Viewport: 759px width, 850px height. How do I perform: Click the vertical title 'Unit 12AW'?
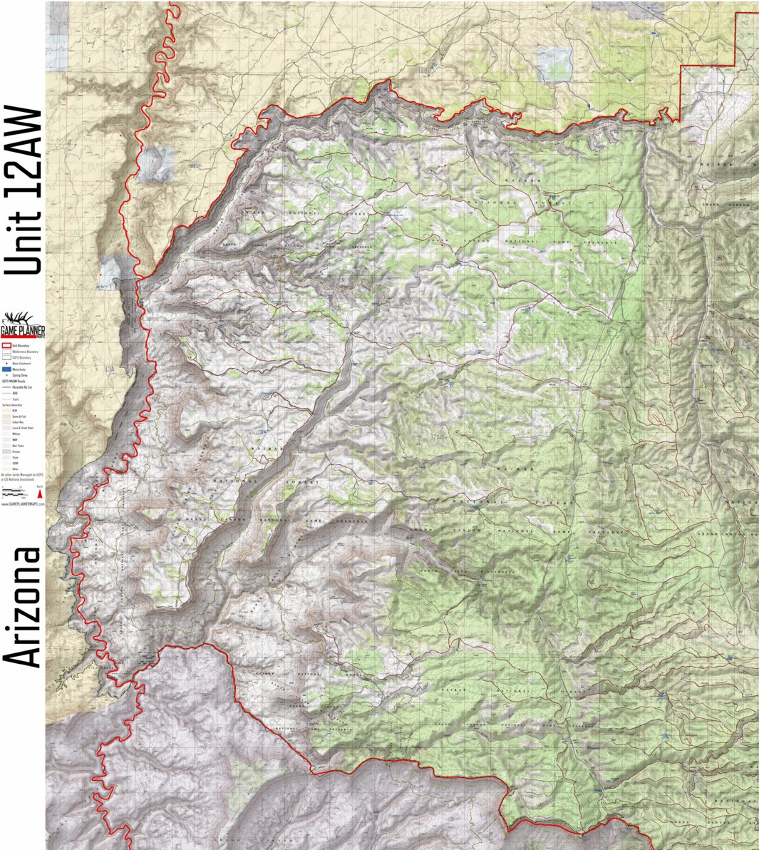click(24, 190)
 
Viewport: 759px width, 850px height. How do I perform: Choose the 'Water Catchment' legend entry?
click(21, 363)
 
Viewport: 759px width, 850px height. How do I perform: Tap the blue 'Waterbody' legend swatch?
click(6, 369)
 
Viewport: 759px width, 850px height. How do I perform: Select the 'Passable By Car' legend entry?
click(21, 386)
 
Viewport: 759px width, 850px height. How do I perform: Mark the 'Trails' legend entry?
click(16, 399)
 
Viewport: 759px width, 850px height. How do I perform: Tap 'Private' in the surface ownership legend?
click(15, 451)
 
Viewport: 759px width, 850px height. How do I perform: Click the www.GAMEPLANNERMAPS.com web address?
click(23, 503)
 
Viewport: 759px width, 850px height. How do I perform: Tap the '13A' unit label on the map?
click(109, 369)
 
